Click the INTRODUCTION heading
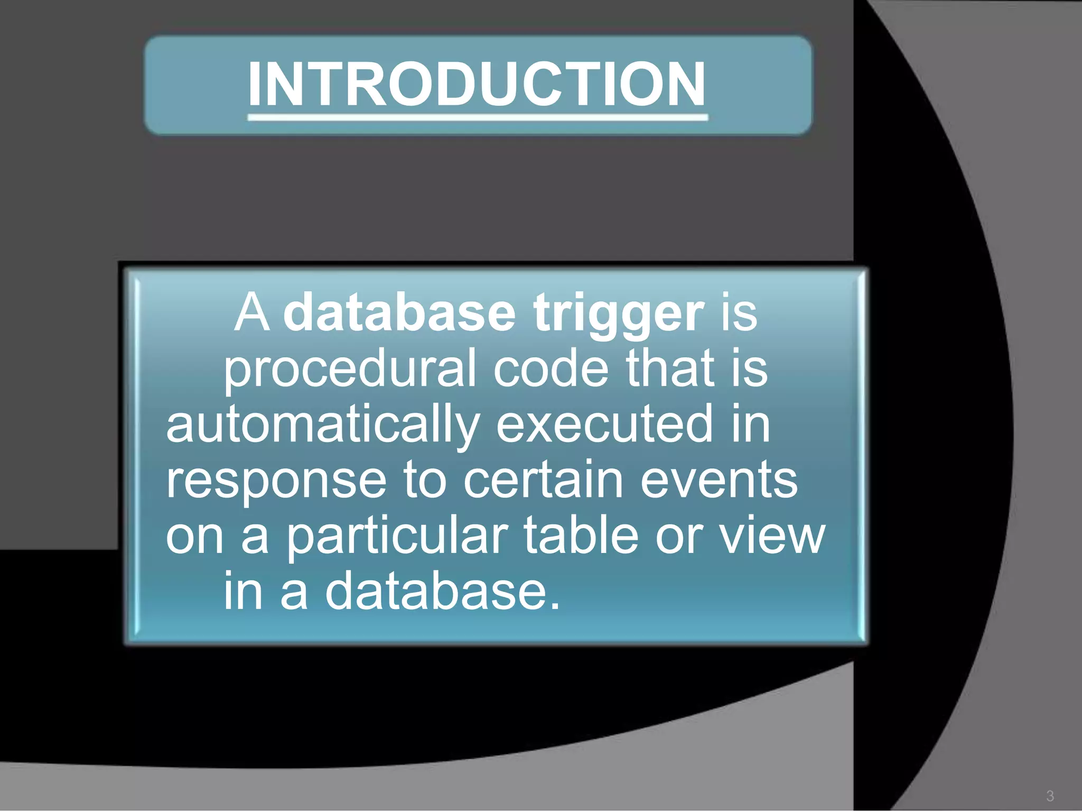pos(477,85)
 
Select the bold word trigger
pos(618,315)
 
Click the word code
pos(551,368)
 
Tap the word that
pos(670,368)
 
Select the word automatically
pos(323,426)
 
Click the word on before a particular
pos(195,537)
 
